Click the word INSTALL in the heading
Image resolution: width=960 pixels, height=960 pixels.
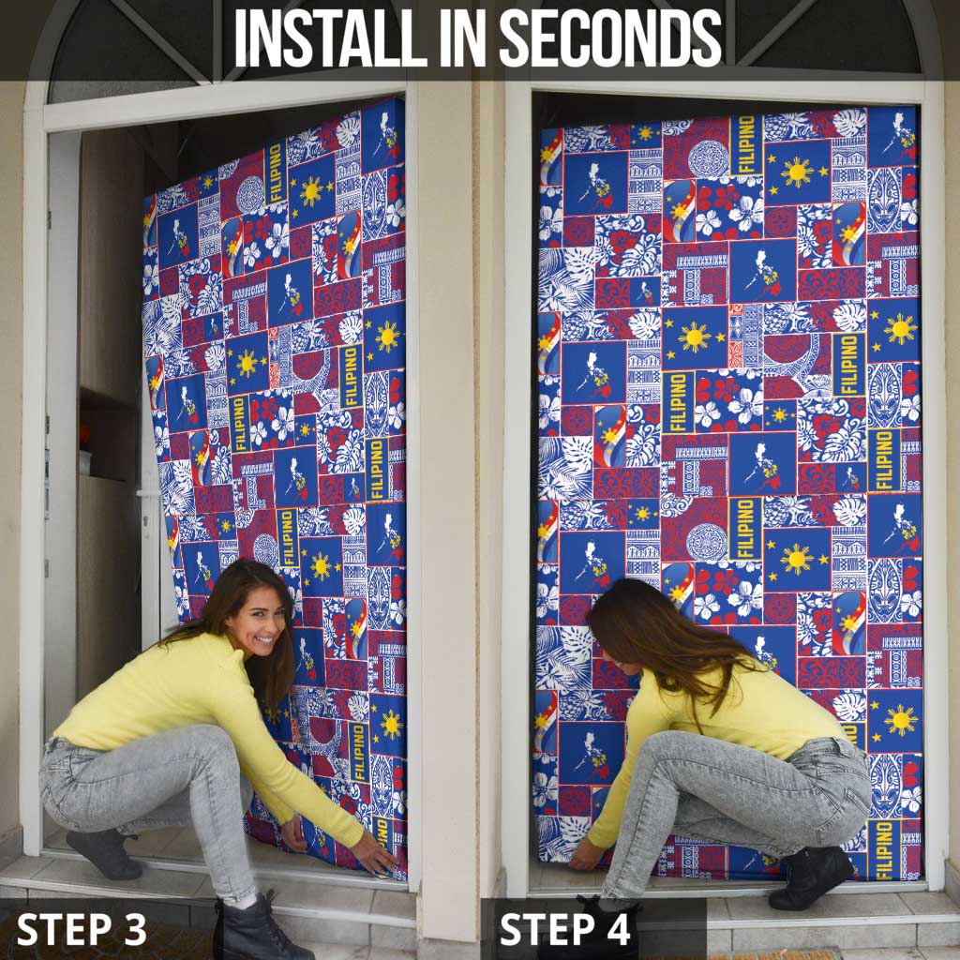pos(322,37)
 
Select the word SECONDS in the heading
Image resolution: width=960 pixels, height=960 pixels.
pos(610,37)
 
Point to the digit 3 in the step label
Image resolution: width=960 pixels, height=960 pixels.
pos(135,929)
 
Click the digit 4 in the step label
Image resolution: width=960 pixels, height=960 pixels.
pos(618,929)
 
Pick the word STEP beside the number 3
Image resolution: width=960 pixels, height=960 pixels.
pos(64,929)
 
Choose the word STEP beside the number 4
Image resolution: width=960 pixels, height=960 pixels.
pos(547,929)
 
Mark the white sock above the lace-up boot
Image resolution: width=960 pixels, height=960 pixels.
pos(245,898)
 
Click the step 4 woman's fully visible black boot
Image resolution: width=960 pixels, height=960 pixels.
pos(811,877)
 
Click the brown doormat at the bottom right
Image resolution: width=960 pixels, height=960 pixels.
pos(796,954)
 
